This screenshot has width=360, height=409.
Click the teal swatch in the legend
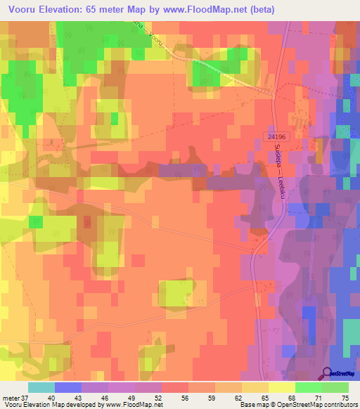click(x=41, y=387)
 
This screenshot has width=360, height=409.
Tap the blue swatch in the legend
click(x=68, y=387)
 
